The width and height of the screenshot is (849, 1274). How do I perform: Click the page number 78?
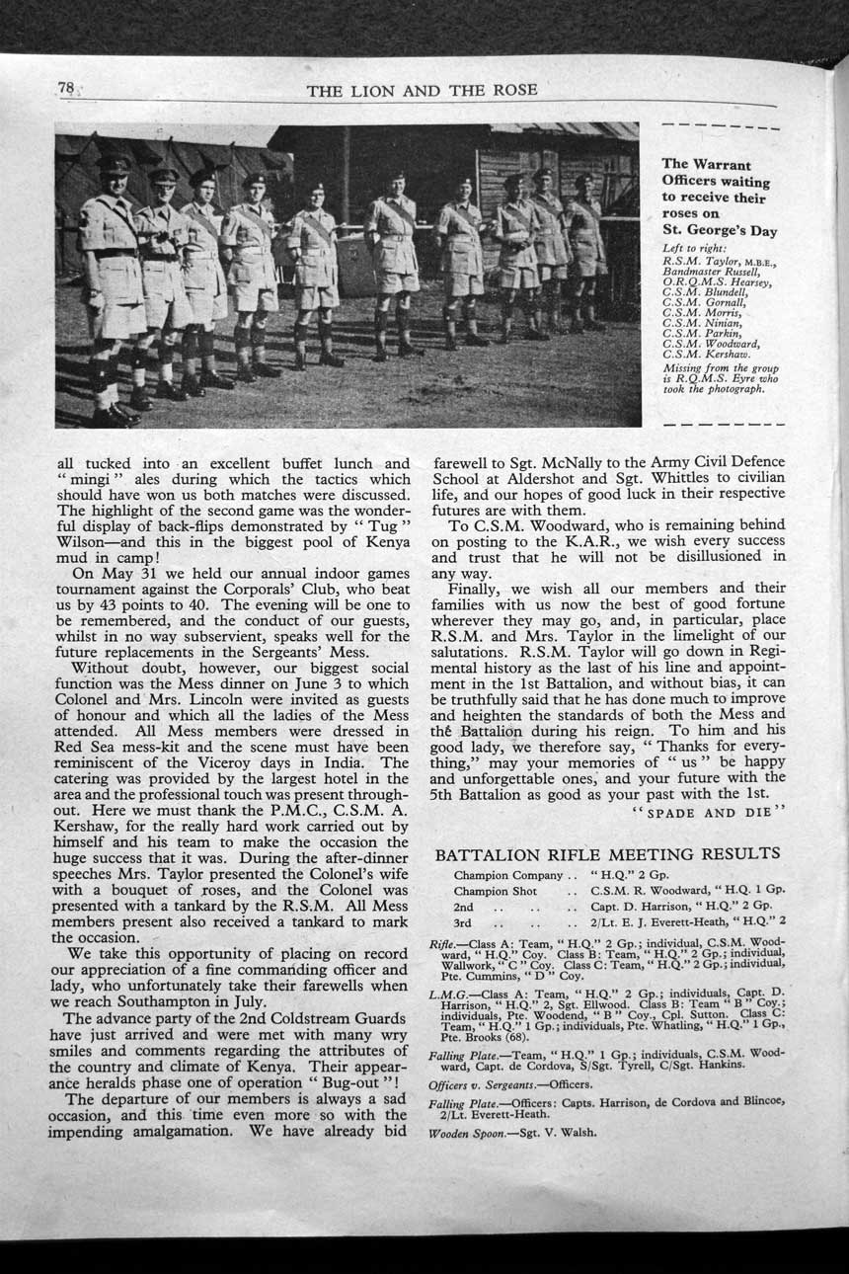tap(66, 89)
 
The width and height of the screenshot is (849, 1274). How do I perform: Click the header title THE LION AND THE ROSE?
tap(422, 91)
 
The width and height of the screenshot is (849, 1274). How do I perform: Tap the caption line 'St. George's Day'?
tap(719, 231)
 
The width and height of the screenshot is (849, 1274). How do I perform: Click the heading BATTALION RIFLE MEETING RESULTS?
tap(607, 854)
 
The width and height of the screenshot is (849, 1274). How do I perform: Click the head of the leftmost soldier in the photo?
tap(114, 172)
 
